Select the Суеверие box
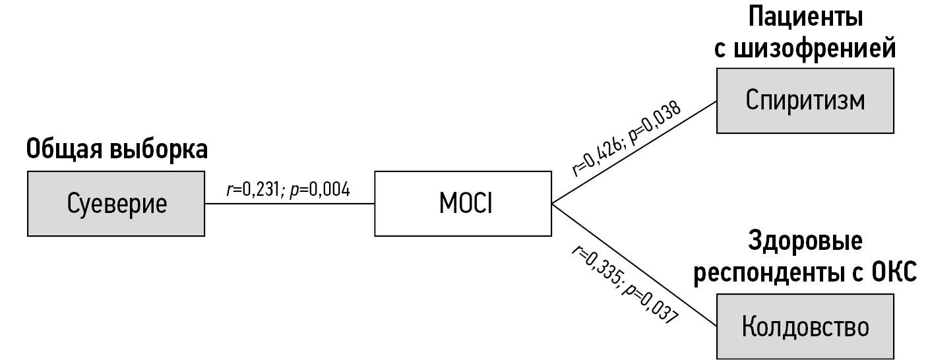117,204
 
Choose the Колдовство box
805,326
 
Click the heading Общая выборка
117,150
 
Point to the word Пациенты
805,18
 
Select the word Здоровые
805,241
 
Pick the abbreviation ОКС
894,273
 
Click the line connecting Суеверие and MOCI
290,204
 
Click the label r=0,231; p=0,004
288,190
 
